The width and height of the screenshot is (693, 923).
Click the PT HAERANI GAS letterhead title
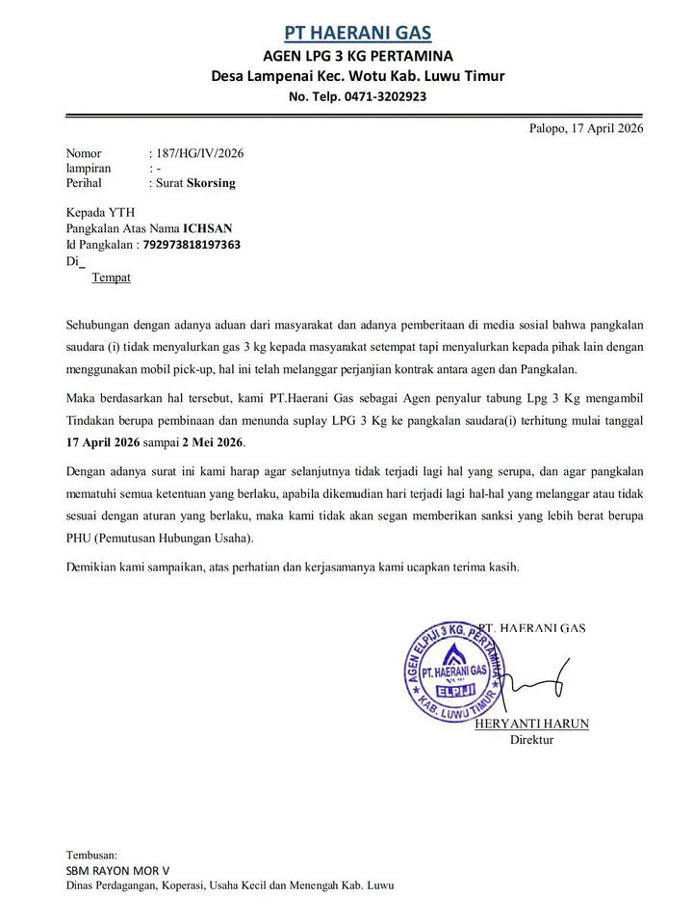coord(358,32)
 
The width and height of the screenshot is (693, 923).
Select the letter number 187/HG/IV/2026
coord(200,153)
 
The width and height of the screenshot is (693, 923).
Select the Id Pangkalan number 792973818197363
coord(192,245)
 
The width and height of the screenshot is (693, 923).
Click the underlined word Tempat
coord(111,278)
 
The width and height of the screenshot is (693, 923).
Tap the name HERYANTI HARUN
coord(531,724)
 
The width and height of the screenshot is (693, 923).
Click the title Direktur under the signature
coord(531,740)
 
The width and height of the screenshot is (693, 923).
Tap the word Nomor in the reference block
coord(83,153)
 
